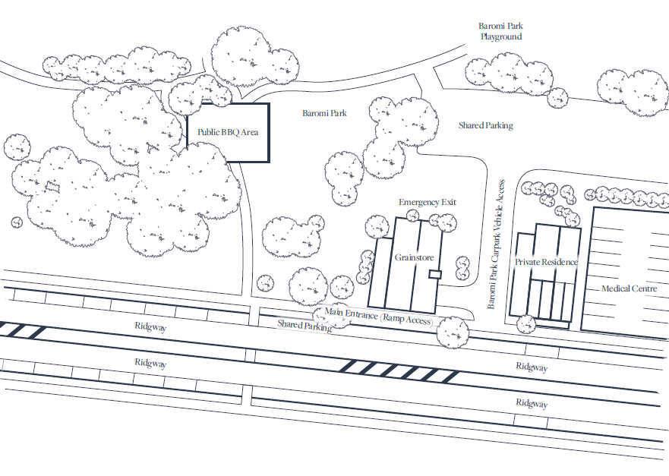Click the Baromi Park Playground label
coord(500,31)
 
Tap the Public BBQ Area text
coord(228,132)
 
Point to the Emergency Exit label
coord(428,203)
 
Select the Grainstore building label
coord(414,257)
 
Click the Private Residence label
coord(546,262)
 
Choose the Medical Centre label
coord(629,288)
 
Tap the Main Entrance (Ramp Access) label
coord(378,316)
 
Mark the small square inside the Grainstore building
coord(434,274)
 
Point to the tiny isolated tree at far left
coord(17,222)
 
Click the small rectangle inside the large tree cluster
coord(52,185)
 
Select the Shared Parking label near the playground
coord(485,125)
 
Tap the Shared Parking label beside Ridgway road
coord(304,325)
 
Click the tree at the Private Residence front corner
coord(525,323)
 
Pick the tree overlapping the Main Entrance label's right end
coord(452,329)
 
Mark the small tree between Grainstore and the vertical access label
coord(462,266)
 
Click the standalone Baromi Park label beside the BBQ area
coord(324,113)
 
